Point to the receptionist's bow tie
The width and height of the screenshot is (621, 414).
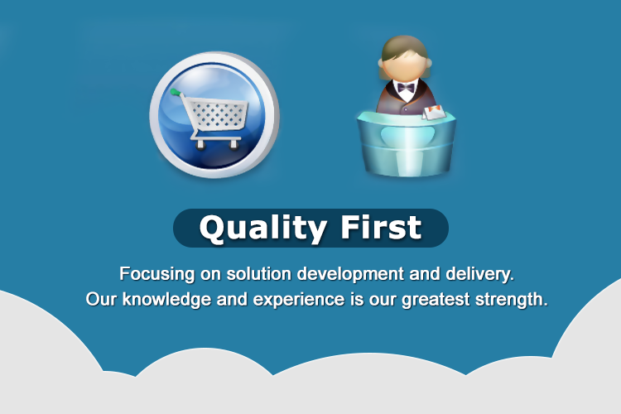tap(405, 87)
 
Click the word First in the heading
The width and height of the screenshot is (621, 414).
tap(383, 227)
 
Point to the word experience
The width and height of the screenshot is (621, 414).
tap(287, 299)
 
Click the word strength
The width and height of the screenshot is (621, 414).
tap(510, 299)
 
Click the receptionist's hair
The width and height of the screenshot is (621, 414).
tap(404, 46)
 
